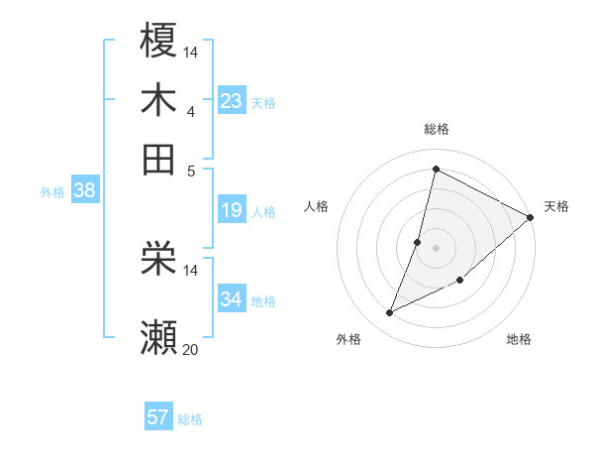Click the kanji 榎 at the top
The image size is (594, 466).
[x=159, y=42]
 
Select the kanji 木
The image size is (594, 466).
[x=159, y=100]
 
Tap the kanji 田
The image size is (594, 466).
[x=159, y=159]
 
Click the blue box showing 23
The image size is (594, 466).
[x=232, y=101]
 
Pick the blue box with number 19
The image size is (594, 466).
[x=232, y=210]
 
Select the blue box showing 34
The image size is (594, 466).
[x=232, y=299]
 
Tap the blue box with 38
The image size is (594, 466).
[x=84, y=191]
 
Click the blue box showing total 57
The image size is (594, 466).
[x=158, y=417]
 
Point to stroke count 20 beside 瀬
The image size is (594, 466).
[x=190, y=349]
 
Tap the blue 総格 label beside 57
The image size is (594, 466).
[x=190, y=419]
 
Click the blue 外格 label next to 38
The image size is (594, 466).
[x=51, y=192]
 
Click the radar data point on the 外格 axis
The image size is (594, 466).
[x=390, y=313]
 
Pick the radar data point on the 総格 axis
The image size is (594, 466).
[x=436, y=170]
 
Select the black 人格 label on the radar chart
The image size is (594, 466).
[x=317, y=206]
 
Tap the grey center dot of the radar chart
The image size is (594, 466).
[x=436, y=247]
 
